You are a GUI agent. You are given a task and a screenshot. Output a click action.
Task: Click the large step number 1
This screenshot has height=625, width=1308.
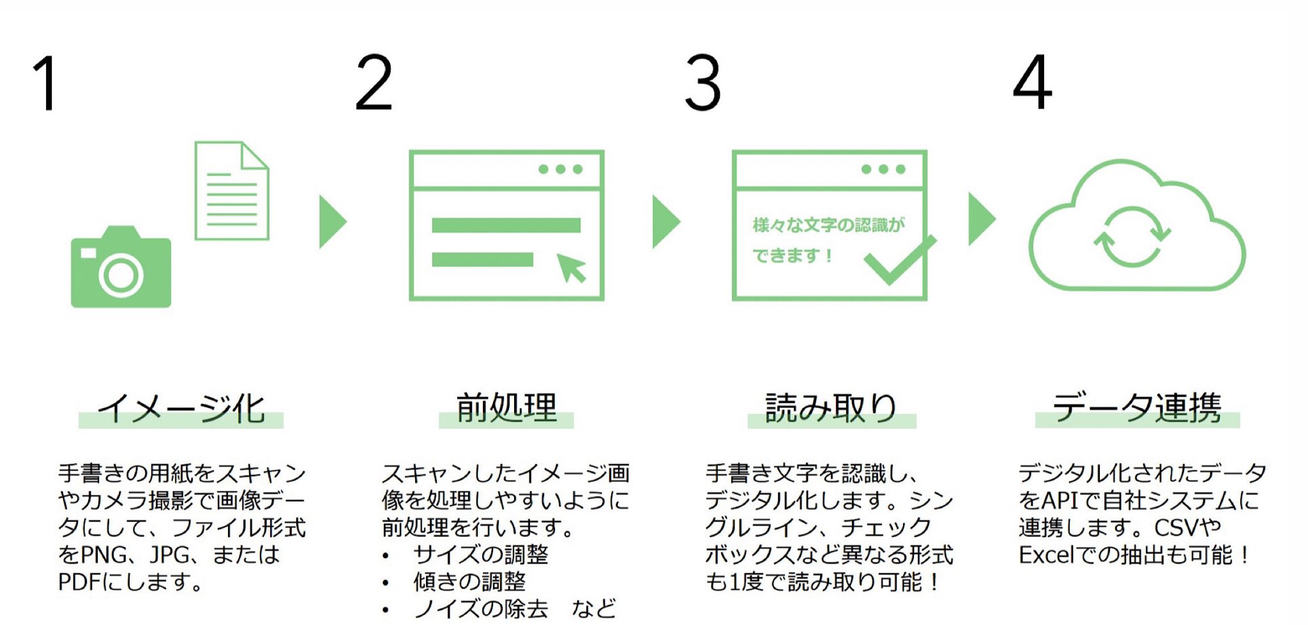coord(46,83)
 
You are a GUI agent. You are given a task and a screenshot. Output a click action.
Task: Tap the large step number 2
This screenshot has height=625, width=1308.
coord(374,83)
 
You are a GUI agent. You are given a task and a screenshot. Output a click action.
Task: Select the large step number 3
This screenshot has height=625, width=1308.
coord(703,83)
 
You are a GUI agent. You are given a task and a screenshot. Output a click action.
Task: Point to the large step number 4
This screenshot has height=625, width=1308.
coord(1032,83)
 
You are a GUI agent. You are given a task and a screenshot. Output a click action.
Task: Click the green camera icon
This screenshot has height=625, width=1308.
coord(121,268)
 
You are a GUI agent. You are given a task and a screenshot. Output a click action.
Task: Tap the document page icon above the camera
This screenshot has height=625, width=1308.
coord(231,191)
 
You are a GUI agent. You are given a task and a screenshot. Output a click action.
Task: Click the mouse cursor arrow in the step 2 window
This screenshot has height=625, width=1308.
coord(571,267)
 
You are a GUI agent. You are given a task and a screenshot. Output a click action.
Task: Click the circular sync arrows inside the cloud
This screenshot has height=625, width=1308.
coord(1132,236)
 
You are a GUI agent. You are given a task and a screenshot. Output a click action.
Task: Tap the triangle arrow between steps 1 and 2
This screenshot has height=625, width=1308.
coord(331,222)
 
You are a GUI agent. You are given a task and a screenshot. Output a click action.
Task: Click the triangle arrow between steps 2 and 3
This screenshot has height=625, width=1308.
coord(664,222)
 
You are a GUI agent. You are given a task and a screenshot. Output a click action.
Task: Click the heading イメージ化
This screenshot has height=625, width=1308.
coord(181,409)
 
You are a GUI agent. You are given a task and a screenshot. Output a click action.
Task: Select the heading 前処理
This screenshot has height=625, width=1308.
coord(506,409)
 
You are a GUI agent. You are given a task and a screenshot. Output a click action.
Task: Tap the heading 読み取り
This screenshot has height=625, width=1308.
coord(832,409)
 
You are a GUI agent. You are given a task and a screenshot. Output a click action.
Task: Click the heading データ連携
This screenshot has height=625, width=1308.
coord(1137,409)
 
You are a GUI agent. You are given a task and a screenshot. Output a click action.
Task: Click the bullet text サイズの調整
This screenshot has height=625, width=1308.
coord(480,554)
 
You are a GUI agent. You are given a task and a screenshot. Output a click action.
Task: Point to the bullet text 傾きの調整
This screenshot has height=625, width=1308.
coord(469,582)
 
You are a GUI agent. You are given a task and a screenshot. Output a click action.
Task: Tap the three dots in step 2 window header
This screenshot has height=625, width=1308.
coord(560,169)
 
